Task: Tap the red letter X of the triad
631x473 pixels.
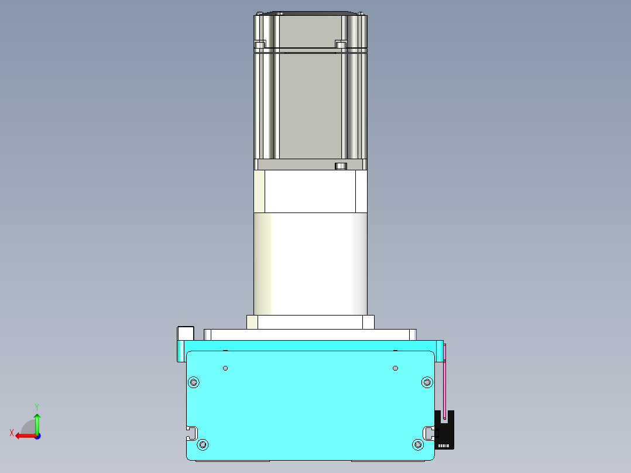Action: (11, 433)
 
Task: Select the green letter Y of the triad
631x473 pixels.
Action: (37, 406)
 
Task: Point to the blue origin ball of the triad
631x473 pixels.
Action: (37, 436)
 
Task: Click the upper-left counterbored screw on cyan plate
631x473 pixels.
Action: (194, 382)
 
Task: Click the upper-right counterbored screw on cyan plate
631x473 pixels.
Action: (427, 382)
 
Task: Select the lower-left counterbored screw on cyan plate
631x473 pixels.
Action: (203, 445)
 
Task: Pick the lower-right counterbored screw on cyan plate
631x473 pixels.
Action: (418, 445)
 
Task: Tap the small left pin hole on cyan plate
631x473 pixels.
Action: (226, 368)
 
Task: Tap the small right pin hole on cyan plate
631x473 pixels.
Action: (395, 368)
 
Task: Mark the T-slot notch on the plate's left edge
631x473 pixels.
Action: (191, 433)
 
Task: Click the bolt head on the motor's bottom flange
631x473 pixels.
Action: (341, 166)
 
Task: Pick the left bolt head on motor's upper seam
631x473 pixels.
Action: (260, 44)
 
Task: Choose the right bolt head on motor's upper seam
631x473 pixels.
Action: (341, 44)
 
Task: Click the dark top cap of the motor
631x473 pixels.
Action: (310, 13)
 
